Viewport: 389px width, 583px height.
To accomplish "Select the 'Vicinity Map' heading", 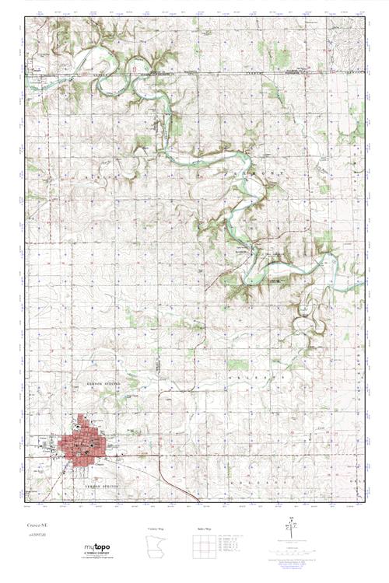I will pyautogui.click(x=158, y=529).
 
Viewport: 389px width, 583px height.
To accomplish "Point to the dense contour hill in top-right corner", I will pyautogui.click(x=345, y=38).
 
